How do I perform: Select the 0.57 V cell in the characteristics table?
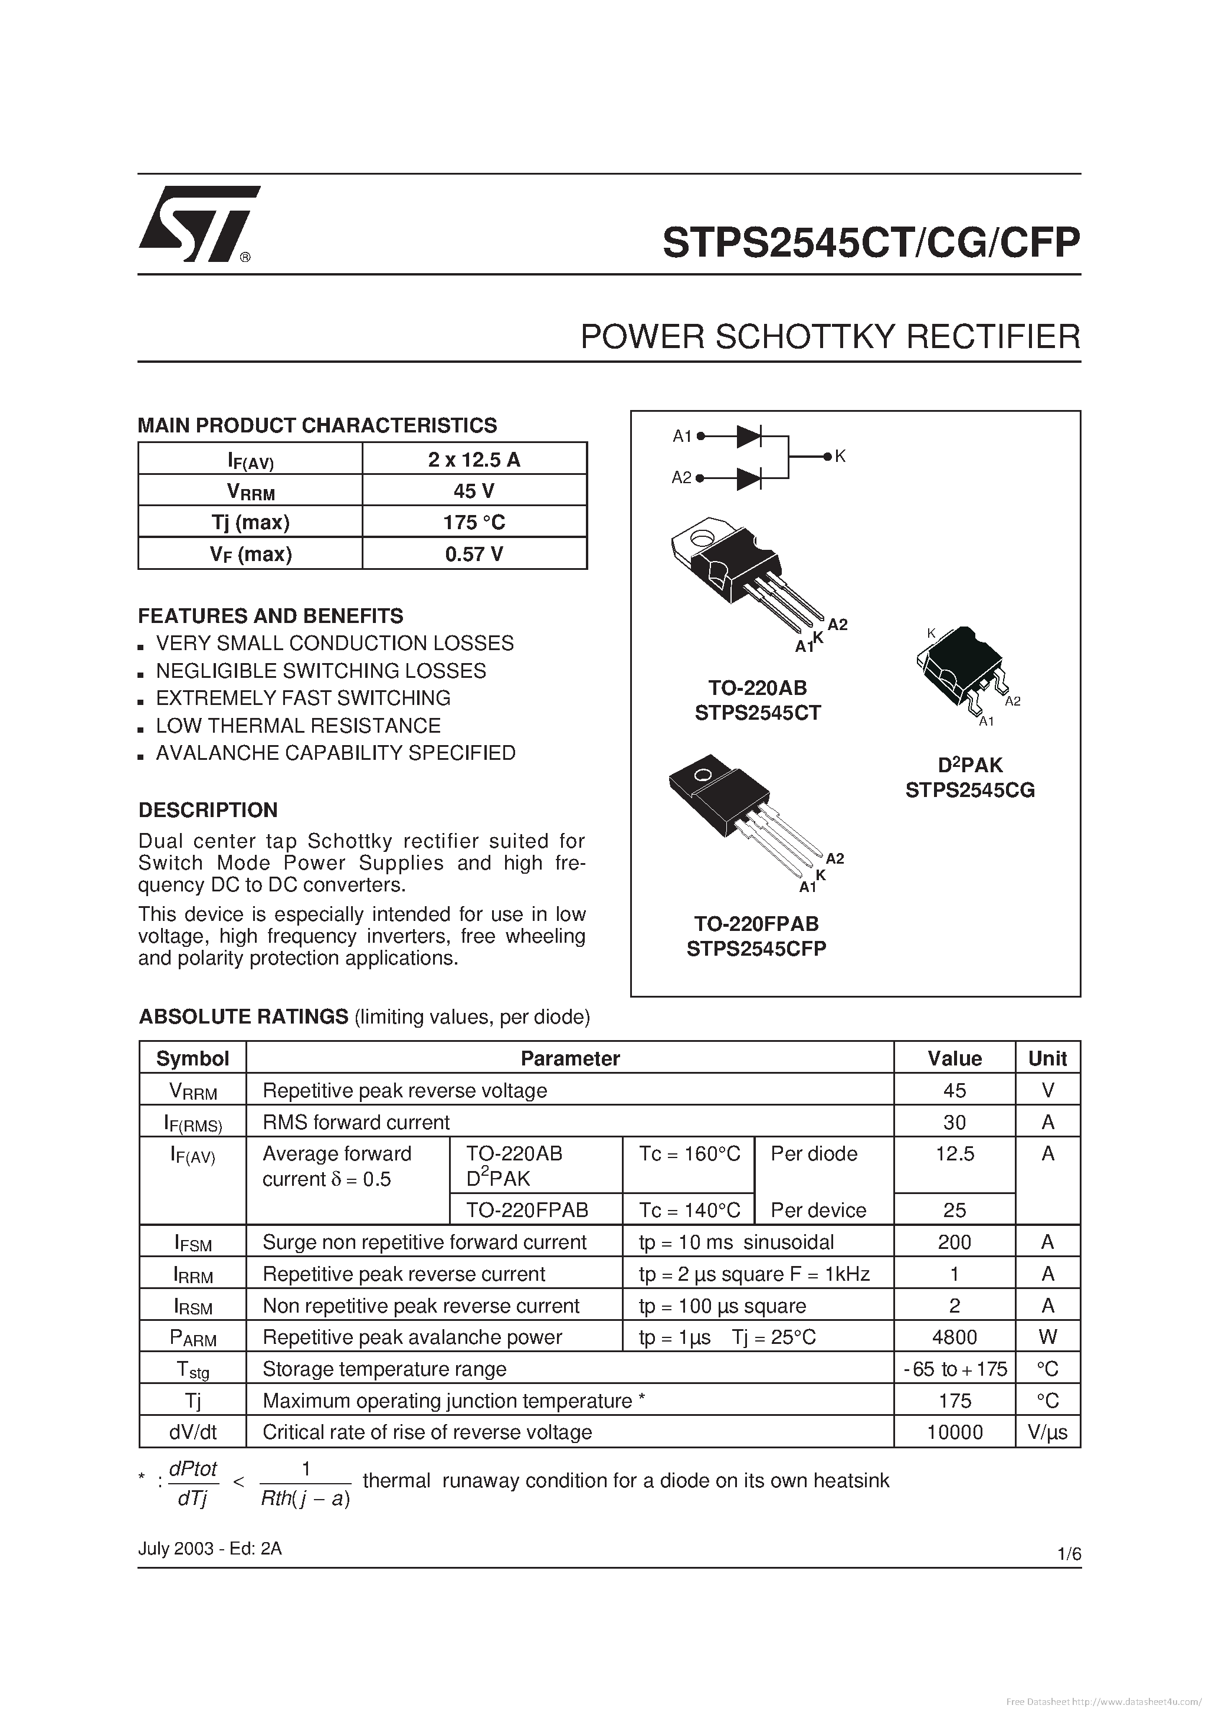474,554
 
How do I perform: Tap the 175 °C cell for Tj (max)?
474,522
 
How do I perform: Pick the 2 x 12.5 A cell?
474,459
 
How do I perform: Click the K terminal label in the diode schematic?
840,456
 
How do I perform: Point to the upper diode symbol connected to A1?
749,436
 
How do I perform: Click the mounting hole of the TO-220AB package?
703,538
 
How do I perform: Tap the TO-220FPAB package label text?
756,923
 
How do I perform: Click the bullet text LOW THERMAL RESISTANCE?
299,726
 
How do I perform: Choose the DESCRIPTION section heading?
208,810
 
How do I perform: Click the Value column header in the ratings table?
955,1058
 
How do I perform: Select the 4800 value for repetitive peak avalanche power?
955,1337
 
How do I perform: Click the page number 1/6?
1069,1555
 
